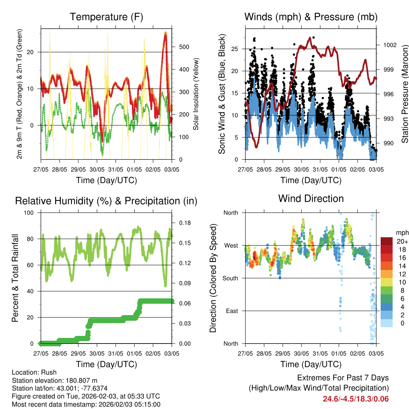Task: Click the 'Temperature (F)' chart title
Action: pos(106,17)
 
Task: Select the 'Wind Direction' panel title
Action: pos(311,199)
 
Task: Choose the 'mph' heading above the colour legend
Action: pos(401,232)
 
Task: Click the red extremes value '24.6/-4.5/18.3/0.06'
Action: pos(355,399)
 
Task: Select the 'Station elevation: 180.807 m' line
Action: pos(55,380)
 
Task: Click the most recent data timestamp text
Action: pos(86,404)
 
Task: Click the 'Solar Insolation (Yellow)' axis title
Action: pos(196,94)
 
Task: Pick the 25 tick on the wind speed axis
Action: pos(236,49)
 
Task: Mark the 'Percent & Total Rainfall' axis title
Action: pos(16,278)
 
